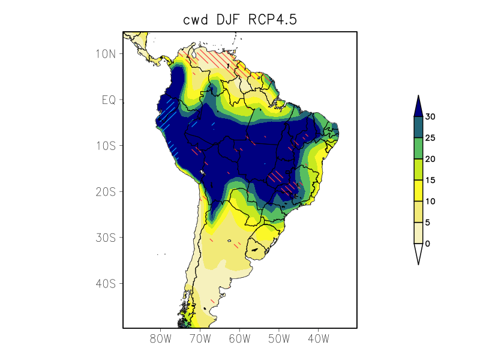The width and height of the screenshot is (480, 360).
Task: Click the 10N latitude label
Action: (105, 54)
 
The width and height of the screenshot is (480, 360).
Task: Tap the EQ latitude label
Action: (109, 100)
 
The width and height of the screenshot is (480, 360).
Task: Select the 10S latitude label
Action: (105, 146)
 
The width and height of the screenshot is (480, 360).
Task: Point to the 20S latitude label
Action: (105, 191)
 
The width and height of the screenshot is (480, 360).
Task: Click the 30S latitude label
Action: (105, 238)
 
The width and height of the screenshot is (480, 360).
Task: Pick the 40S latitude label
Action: (105, 283)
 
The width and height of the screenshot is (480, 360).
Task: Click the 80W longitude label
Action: (161, 339)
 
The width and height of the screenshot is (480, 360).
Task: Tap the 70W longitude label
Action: (200, 339)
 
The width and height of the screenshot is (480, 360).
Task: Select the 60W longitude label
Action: (239, 339)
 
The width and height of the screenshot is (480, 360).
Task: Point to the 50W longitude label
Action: (279, 339)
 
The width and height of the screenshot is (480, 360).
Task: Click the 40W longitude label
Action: (318, 339)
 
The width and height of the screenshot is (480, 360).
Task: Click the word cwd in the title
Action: (196, 20)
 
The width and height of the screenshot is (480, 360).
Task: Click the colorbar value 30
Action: (430, 117)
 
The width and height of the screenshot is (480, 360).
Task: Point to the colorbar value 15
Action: (430, 181)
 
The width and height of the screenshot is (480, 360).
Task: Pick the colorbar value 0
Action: (427, 244)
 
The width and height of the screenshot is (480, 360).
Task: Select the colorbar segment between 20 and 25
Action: (418, 148)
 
